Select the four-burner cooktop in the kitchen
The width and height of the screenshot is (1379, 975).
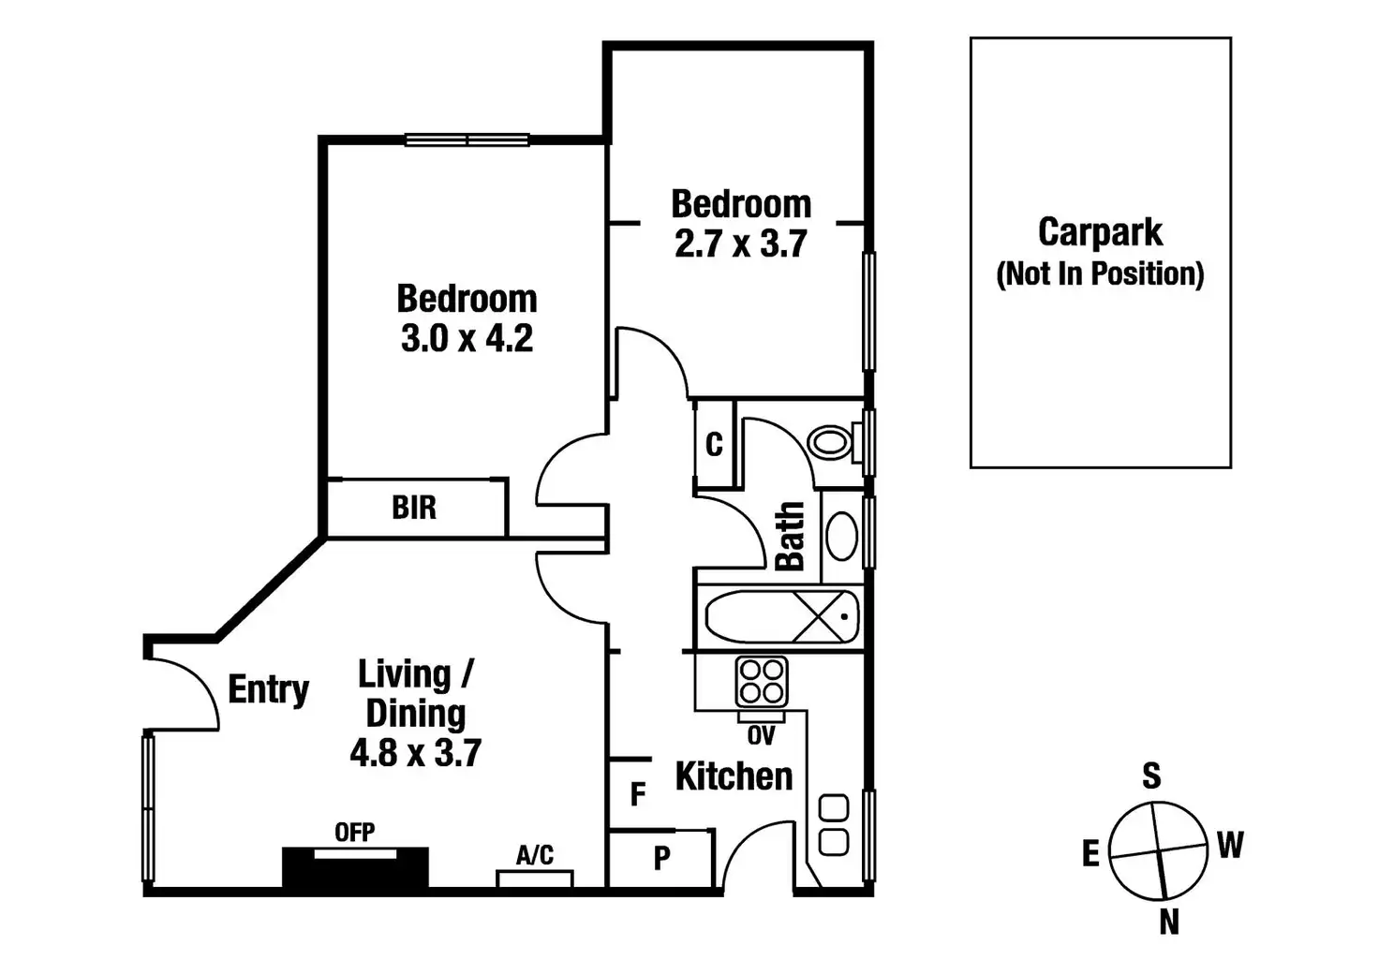[761, 682]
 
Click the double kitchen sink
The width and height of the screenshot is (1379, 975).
[834, 824]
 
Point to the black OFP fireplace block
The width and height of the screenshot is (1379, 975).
[355, 867]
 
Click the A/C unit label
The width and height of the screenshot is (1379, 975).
[534, 855]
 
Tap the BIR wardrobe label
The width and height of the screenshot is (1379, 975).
[414, 508]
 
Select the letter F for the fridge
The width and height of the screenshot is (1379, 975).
[638, 794]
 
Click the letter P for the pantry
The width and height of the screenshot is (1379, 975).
[661, 858]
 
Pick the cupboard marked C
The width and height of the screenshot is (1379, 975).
[714, 444]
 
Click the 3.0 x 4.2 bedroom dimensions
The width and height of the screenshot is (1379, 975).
[467, 338]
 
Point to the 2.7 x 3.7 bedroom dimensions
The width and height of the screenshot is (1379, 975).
[740, 244]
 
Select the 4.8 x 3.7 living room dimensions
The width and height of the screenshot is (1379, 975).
[415, 752]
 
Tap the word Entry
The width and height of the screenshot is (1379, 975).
[268, 689]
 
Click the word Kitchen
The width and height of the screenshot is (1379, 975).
[734, 776]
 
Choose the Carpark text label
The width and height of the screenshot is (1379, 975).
[1100, 232]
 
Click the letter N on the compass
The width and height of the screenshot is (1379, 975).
[1168, 923]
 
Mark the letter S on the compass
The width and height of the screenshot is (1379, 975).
[1151, 776]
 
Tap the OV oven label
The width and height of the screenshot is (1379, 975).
[761, 736]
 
